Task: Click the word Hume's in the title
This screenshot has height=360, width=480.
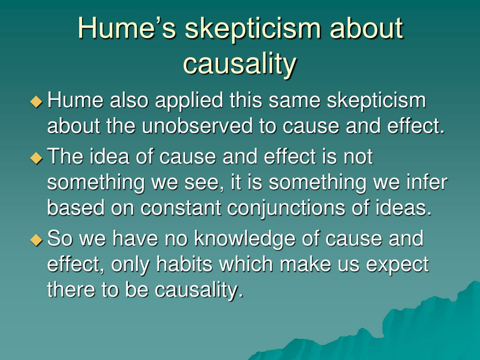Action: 127,28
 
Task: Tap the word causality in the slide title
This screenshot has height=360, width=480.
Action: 240,64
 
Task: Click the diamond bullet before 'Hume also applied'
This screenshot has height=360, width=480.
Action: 37,101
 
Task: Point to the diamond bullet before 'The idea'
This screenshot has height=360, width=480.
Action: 37,157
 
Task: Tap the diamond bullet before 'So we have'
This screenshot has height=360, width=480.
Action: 37,240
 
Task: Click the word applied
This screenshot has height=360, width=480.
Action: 189,102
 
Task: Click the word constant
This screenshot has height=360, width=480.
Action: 180,208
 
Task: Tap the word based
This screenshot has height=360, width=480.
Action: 75,208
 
